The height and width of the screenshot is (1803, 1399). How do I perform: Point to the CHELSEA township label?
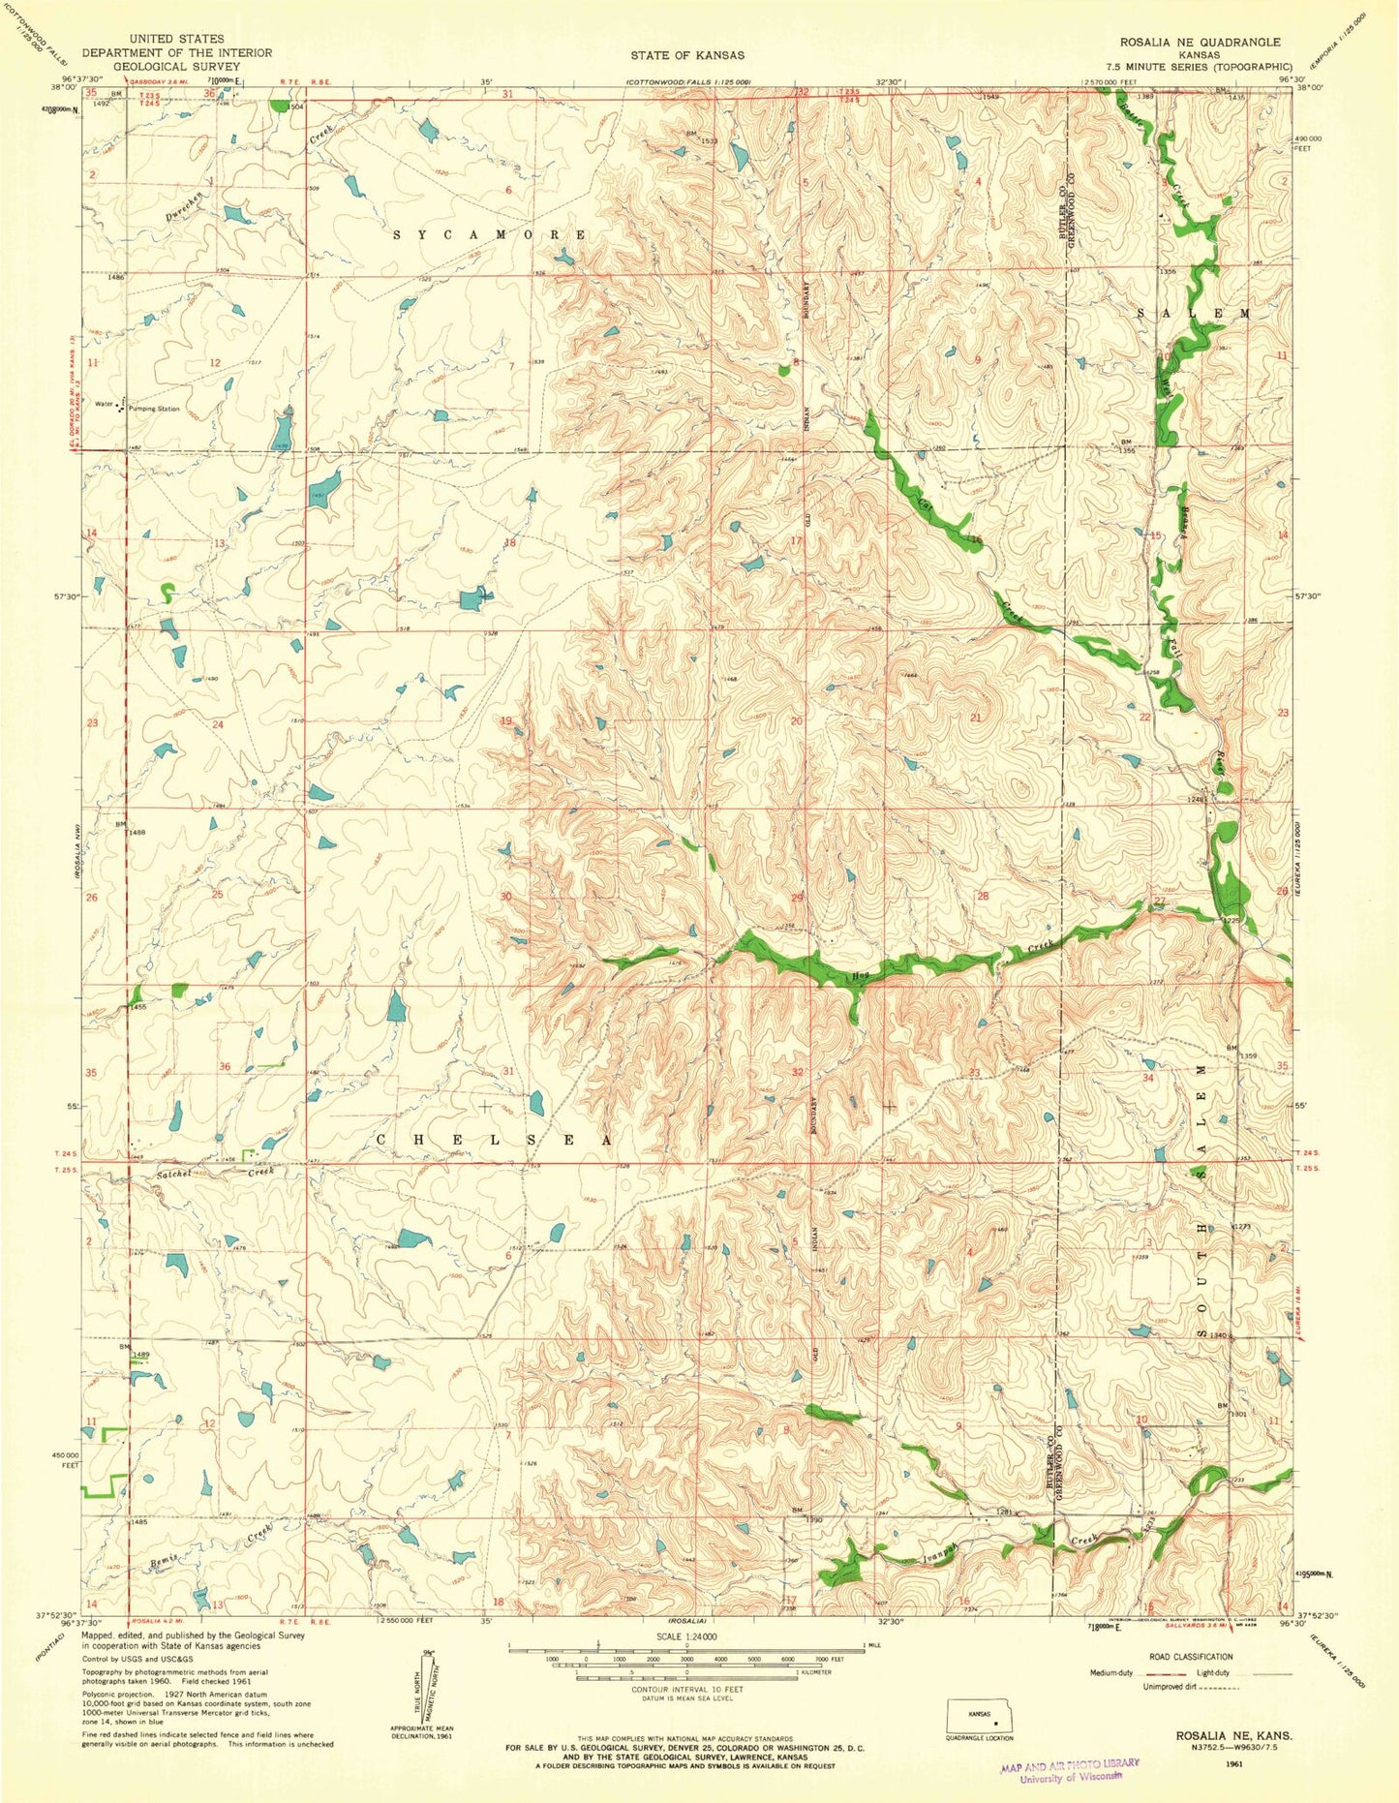point(492,1141)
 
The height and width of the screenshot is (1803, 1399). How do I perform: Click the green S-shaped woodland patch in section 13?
point(167,592)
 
